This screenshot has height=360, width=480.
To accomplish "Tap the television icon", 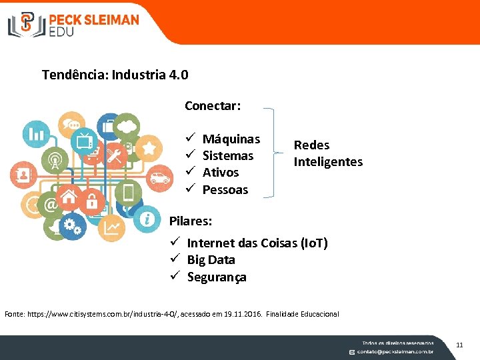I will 85,142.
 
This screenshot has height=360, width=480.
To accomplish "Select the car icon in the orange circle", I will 159,177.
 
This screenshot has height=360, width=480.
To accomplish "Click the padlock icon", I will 92,199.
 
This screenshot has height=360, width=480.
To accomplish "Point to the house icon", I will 69,197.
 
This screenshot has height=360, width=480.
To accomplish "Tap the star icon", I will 149,147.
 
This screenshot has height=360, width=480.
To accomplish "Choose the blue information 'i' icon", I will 146,218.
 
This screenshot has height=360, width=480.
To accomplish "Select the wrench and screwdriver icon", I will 117,157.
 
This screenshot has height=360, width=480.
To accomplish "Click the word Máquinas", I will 231,139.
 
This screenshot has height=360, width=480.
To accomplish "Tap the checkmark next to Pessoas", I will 189,189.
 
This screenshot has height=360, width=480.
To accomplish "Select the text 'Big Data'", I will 211,259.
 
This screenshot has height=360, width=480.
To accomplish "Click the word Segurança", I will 217,277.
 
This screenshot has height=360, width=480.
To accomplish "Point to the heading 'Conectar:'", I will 213,105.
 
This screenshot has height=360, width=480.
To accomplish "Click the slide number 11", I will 459,345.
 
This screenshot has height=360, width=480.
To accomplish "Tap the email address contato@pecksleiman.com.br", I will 395,351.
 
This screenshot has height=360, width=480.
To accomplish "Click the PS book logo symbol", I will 26,24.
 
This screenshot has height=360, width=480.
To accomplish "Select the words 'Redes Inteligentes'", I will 328,153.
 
